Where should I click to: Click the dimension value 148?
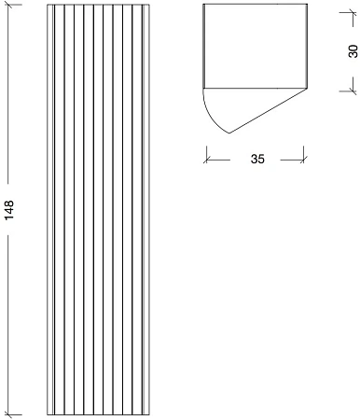9,210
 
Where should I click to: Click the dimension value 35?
257,159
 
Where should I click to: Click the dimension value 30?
353,51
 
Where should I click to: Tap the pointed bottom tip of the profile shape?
229,133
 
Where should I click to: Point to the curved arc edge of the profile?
212,117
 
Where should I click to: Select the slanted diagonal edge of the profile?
269,111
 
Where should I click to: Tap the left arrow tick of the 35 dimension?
207,160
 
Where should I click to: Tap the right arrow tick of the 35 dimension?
303,160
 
